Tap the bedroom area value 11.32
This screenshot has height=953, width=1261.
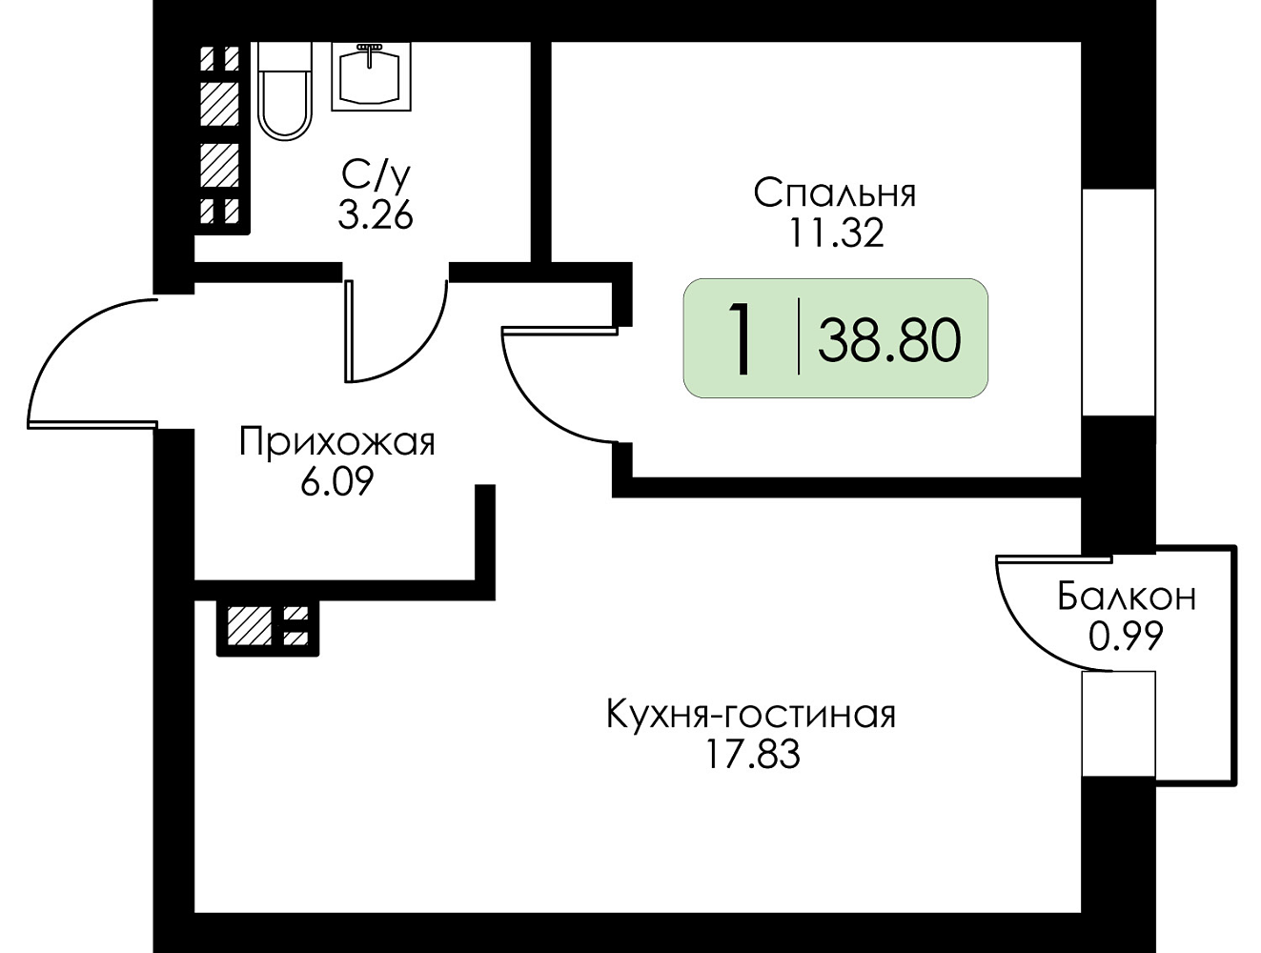click(x=836, y=233)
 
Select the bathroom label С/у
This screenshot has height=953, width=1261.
click(x=376, y=175)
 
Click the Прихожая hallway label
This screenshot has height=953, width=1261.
click(x=337, y=442)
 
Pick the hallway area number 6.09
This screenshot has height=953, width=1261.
click(x=337, y=481)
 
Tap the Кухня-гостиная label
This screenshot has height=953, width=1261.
click(x=751, y=715)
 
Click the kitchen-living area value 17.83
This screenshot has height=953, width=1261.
click(x=752, y=754)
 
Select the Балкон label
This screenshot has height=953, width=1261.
click(x=1127, y=597)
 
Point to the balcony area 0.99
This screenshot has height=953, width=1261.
click(x=1126, y=636)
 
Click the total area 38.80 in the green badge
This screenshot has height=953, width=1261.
click(x=889, y=340)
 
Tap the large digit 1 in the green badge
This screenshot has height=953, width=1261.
click(x=742, y=339)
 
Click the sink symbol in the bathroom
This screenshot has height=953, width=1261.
click(x=371, y=76)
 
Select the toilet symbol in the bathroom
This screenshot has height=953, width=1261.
click(x=284, y=91)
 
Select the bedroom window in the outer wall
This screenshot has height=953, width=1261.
click(x=1119, y=302)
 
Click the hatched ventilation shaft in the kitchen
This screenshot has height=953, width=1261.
click(x=268, y=628)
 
